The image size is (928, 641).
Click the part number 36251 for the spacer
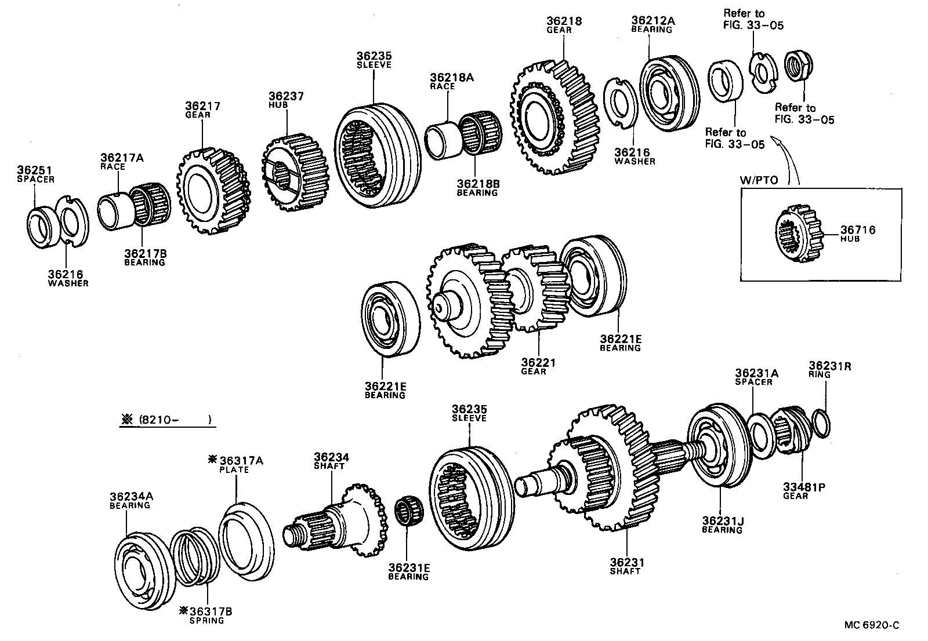point(34,170)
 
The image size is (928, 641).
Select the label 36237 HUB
point(286,100)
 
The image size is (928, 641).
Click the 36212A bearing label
point(653,24)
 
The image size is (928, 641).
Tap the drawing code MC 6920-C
point(872,625)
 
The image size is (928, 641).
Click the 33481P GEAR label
point(804,491)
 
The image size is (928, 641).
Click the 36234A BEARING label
point(131,500)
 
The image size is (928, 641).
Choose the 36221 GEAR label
point(538,366)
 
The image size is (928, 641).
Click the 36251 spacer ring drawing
point(41,223)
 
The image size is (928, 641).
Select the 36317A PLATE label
point(235,464)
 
